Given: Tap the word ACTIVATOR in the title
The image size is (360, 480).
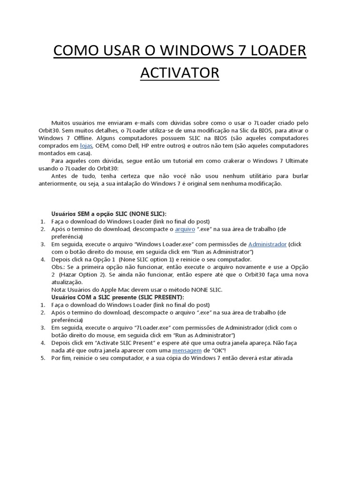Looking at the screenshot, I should [180, 73].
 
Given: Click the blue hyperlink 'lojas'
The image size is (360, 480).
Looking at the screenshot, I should [86, 146].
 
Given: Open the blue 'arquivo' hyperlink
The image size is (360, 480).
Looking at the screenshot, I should [185, 229].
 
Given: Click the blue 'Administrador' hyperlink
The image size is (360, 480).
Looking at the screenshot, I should [267, 244].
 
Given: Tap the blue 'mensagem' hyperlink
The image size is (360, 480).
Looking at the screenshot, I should [187, 351].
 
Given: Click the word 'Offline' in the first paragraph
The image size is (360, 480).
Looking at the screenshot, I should [85, 138].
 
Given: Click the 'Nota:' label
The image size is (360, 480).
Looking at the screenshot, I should [59, 290].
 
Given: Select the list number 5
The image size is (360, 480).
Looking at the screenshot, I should [42, 358].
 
